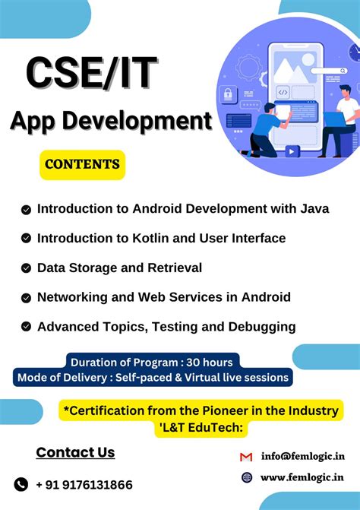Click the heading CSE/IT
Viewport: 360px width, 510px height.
coord(92,73)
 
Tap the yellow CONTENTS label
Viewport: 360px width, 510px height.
coord(82,163)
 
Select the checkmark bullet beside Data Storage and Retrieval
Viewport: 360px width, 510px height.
coord(27,268)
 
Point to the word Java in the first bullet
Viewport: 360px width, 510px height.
coord(313,208)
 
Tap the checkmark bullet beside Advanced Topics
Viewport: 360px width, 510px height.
coord(27,327)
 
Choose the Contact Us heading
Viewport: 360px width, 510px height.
coord(75,453)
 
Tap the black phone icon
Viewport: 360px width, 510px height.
coord(21,484)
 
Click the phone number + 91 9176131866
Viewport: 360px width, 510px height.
coord(84,484)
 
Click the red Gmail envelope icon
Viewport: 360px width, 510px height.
coord(246,457)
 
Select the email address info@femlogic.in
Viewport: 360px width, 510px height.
coord(302,457)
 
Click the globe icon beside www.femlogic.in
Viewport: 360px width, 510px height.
coord(246,478)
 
